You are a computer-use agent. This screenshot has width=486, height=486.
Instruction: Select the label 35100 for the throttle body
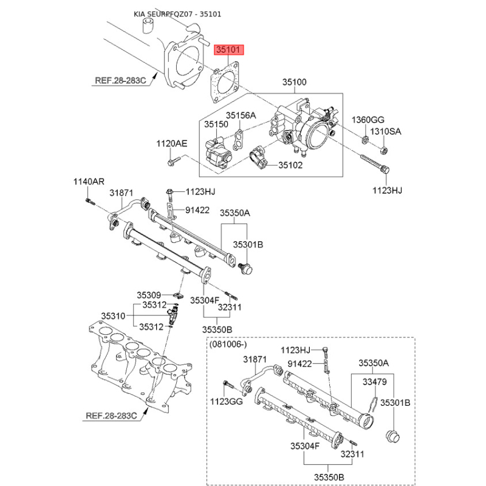[293, 82]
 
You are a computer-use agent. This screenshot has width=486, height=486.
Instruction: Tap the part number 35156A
[241, 115]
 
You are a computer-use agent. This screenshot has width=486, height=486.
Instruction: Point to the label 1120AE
[172, 144]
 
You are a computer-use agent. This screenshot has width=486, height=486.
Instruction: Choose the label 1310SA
[386, 131]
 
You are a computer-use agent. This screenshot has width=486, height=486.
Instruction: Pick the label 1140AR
[89, 182]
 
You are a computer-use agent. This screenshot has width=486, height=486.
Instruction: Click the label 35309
[148, 295]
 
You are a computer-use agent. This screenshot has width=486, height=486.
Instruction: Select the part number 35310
[112, 316]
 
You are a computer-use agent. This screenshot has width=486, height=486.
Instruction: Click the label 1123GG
[225, 401]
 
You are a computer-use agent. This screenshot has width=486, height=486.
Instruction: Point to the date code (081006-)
[228, 344]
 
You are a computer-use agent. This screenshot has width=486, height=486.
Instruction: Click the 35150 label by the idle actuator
[215, 124]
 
